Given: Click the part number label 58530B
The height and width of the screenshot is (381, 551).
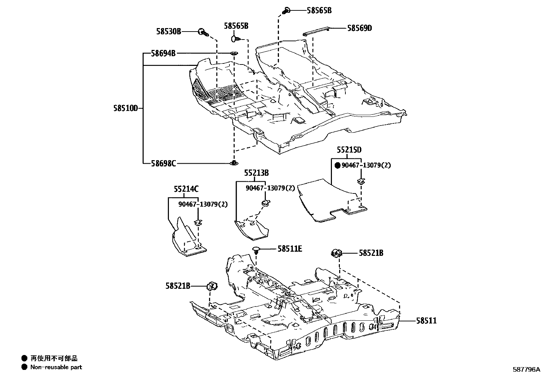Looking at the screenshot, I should click(x=168, y=32).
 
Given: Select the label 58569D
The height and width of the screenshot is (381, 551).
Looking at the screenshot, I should click(x=359, y=28).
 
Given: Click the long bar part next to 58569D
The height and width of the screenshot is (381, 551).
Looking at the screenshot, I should click(x=316, y=31).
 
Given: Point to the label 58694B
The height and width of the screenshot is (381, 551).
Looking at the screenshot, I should click(x=163, y=53).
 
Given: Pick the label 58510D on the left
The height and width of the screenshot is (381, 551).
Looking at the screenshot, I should click(x=125, y=108).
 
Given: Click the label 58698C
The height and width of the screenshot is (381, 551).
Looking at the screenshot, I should click(x=163, y=163).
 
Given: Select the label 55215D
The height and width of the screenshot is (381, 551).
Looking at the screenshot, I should click(x=349, y=150).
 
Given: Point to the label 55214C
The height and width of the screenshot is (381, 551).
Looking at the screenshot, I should click(x=186, y=189).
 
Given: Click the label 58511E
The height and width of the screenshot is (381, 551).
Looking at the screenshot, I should click(x=290, y=249).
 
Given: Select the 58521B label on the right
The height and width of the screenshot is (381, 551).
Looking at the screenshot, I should click(x=371, y=253).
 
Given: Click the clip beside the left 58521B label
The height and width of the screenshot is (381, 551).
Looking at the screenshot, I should click(x=212, y=286).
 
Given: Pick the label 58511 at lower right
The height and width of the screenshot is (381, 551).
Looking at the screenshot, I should click(x=426, y=321).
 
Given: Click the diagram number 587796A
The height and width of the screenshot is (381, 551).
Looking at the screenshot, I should click(x=526, y=370).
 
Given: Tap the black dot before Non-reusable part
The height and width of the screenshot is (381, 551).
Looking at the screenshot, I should click(x=24, y=367).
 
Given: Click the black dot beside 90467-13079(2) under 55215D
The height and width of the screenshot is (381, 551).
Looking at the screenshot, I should click(x=337, y=165).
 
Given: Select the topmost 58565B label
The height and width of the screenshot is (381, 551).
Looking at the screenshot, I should click(x=319, y=10).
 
